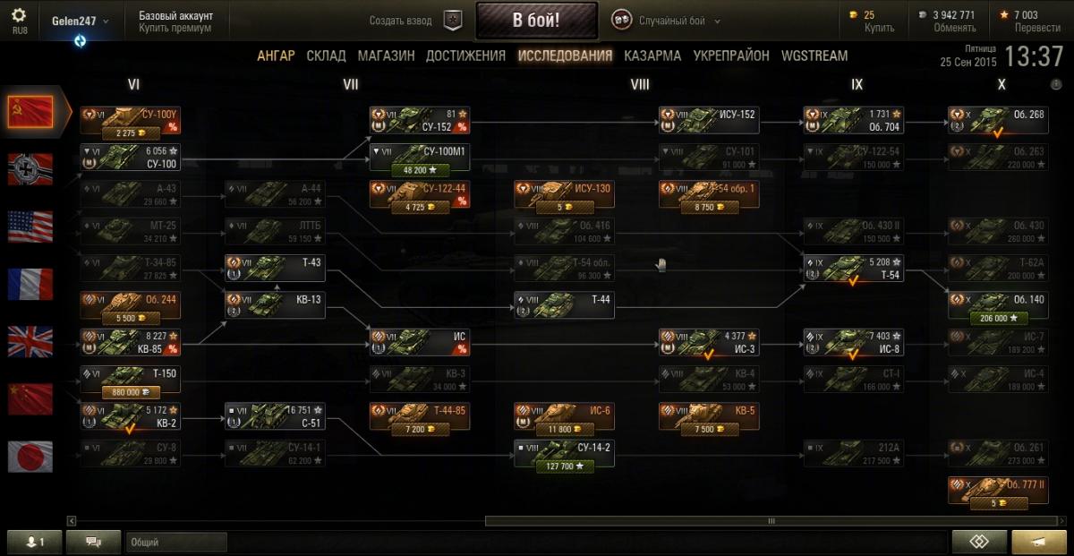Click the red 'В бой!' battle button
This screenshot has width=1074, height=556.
tap(536, 21)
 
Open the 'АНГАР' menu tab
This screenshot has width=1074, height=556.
tap(276, 56)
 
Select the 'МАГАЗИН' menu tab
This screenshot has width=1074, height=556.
tap(386, 56)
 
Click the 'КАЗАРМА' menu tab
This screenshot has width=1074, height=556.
tap(652, 56)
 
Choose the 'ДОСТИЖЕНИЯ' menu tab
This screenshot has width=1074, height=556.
tap(465, 56)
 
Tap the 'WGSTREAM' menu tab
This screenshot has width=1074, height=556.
tap(814, 56)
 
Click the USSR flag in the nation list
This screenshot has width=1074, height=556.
tap(30, 111)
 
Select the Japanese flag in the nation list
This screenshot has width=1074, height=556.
tap(30, 456)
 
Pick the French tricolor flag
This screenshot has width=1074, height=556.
tap(30, 284)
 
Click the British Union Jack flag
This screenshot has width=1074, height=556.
tap(30, 341)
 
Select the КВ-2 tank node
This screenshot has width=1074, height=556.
tap(130, 416)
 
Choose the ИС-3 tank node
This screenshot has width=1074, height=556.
tap(708, 342)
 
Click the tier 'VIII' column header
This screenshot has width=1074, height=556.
tap(639, 85)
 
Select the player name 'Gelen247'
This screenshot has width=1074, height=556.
tap(75, 21)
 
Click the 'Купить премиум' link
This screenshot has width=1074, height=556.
tap(175, 28)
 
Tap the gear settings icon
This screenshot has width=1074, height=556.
tap(20, 15)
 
